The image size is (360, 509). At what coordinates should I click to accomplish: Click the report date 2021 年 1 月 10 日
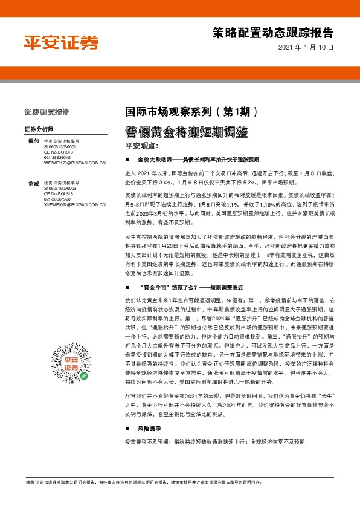click(306, 47)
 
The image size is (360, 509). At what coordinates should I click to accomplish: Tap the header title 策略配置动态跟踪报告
click(273, 32)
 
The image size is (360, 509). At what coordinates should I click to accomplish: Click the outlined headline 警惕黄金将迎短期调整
click(187, 131)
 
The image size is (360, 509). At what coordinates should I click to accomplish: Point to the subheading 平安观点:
click(141, 146)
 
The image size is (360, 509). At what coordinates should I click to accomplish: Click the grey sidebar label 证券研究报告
click(47, 111)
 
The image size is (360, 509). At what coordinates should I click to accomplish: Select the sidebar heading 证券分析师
click(39, 129)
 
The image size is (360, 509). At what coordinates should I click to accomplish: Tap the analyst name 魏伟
click(33, 141)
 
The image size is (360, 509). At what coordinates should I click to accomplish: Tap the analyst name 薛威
click(33, 183)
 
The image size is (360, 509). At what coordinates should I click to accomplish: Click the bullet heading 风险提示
click(147, 428)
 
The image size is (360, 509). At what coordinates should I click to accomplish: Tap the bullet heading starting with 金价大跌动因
click(198, 160)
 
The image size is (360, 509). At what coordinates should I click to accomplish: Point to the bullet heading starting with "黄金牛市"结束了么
click(193, 288)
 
